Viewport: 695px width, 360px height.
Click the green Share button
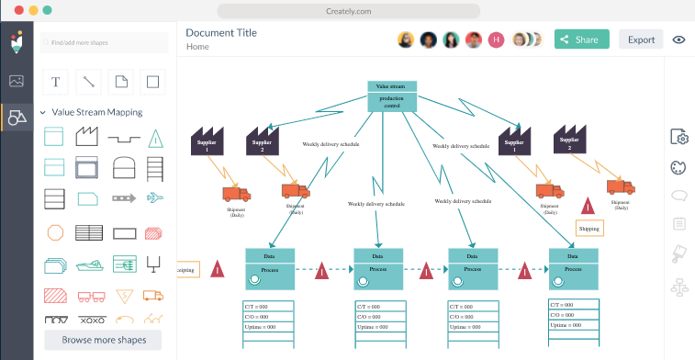click(581, 39)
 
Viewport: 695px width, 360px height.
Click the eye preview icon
click(679, 39)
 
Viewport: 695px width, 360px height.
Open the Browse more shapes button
click(102, 340)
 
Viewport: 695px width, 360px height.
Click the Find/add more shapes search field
click(104, 42)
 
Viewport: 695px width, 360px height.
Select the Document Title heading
click(221, 32)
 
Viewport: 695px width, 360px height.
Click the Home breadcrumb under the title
click(197, 47)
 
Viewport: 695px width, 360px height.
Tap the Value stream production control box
click(392, 96)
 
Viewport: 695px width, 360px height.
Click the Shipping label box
click(589, 228)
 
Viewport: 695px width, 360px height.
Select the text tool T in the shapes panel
click(55, 81)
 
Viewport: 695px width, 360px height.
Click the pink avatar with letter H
click(496, 39)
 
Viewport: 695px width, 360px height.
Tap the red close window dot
click(14, 9)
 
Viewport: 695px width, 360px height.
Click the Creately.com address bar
click(347, 10)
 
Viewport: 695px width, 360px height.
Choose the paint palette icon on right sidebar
click(679, 167)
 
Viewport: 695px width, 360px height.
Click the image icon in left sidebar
click(17, 81)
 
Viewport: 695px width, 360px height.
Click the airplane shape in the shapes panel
click(155, 197)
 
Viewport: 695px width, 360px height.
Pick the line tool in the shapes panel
click(88, 81)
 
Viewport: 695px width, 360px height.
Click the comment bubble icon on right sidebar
click(679, 196)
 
